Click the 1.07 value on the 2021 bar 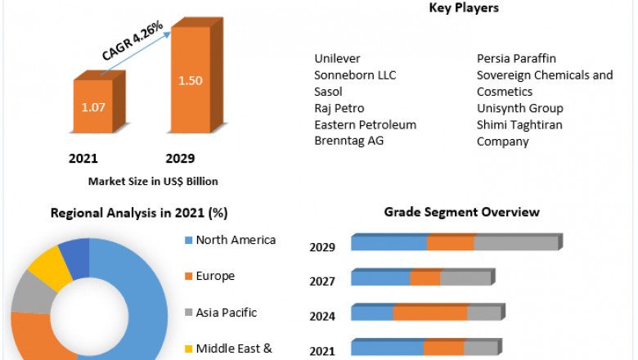(x=92, y=106)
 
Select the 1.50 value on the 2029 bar (x=190, y=79)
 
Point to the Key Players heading (x=464, y=8)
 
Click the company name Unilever (x=337, y=59)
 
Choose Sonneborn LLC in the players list (x=355, y=75)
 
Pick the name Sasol (x=330, y=92)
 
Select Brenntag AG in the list (x=349, y=141)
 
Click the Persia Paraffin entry (x=517, y=59)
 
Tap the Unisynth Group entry (x=519, y=108)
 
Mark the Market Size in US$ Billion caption (x=153, y=181)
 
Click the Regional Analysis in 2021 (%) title (x=139, y=213)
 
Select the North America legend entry (x=235, y=240)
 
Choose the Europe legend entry (x=214, y=276)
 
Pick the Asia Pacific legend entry (x=226, y=313)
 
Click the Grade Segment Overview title (x=461, y=212)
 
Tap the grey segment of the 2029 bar (x=515, y=243)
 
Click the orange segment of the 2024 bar (x=429, y=313)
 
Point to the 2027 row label (x=321, y=282)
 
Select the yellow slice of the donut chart (x=52, y=267)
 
